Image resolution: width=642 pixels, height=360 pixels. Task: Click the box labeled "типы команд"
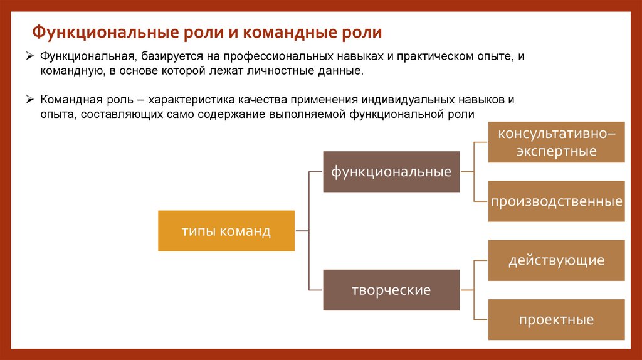(226, 231)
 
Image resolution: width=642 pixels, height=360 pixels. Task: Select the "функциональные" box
(391, 171)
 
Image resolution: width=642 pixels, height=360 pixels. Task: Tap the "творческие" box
(391, 290)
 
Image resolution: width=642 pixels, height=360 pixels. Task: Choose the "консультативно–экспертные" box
(556, 142)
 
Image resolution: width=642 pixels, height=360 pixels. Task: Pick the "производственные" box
(556, 201)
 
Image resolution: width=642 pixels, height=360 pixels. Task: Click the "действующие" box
(556, 260)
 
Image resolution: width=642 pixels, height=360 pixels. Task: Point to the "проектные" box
(556, 319)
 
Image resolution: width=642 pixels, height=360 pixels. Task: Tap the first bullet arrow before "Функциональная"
(29, 56)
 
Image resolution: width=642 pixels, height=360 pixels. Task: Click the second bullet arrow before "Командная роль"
(29, 100)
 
